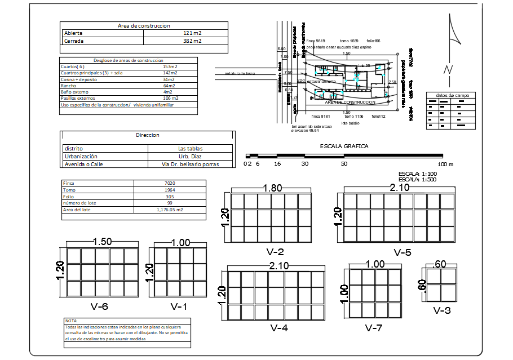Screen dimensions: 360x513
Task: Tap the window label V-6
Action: tap(99, 306)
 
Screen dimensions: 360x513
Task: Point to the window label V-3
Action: tap(441, 310)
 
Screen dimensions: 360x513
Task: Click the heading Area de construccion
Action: tap(144, 25)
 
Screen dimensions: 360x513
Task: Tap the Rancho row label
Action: tap(68, 86)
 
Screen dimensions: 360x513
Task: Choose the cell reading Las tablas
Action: tap(190, 148)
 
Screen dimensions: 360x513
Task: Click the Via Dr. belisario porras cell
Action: tap(190, 164)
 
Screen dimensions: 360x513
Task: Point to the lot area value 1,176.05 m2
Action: tap(170, 210)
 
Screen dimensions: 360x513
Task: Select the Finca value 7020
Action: tap(170, 183)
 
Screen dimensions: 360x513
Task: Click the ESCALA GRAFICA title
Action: tap(344, 146)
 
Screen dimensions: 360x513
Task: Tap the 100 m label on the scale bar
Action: tap(445, 164)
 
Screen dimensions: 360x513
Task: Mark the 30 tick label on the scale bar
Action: tap(304, 164)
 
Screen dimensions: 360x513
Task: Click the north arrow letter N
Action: tap(448, 70)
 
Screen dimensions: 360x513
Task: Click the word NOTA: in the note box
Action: tap(72, 321)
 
